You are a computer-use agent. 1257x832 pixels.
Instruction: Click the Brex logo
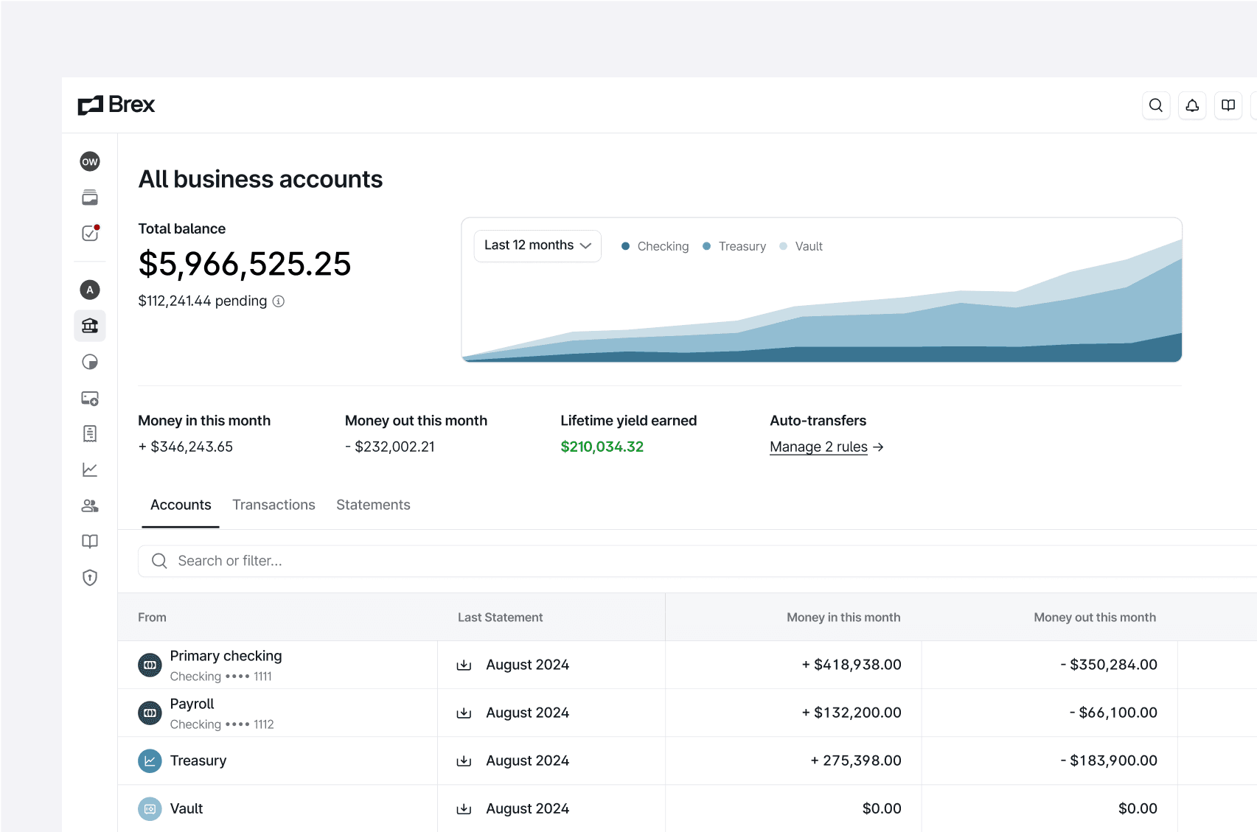(116, 105)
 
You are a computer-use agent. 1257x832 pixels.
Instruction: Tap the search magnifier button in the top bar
(1156, 105)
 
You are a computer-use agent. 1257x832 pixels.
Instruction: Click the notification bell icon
(1192, 105)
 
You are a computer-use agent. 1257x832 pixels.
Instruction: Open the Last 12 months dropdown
(537, 245)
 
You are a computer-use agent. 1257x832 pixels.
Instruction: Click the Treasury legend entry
(734, 246)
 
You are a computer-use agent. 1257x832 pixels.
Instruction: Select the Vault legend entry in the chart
(801, 246)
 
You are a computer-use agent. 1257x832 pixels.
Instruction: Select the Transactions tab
(274, 505)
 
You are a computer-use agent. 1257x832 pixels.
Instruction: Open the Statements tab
(373, 505)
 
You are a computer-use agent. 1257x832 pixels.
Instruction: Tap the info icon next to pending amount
(279, 301)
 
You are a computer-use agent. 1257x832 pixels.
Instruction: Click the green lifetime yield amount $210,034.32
(602, 447)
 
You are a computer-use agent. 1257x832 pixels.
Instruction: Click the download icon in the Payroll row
(464, 713)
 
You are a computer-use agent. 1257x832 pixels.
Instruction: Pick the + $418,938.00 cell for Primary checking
(852, 665)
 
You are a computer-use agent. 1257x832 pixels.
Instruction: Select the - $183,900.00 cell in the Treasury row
(1109, 761)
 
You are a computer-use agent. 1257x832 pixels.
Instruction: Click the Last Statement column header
(500, 618)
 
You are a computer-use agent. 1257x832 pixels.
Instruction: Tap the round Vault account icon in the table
(150, 808)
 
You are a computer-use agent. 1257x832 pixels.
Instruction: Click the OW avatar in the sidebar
(90, 161)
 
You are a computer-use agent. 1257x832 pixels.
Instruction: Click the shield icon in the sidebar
(90, 578)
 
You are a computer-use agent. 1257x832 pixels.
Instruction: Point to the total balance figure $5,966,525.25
(245, 264)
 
